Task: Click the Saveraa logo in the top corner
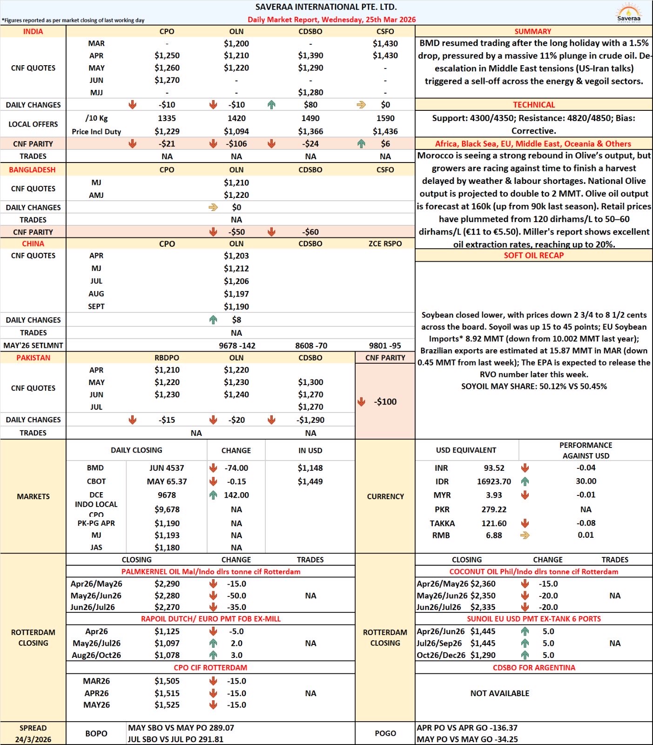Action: pos(628,13)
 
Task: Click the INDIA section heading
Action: pos(33,32)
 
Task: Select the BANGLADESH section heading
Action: pos(32,169)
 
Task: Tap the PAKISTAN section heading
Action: pos(33,358)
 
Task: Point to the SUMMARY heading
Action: pos(533,32)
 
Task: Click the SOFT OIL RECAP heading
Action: pos(533,255)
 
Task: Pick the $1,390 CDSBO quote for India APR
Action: pos(310,55)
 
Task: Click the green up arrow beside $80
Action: pos(272,105)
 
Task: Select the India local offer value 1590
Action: pos(385,118)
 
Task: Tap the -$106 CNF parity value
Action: pos(236,144)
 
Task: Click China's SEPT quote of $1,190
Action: pos(236,306)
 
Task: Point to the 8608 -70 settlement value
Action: pos(311,345)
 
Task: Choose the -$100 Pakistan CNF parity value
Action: pos(385,402)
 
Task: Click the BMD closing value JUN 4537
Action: pos(167,468)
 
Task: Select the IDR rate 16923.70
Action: pos(494,481)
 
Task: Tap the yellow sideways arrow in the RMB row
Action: pos(525,535)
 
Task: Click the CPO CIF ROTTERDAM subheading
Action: pos(210,668)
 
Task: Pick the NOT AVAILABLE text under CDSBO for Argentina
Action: pos(500,693)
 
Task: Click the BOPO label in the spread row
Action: pos(96,733)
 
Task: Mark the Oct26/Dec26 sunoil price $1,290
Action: pos(483,655)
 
